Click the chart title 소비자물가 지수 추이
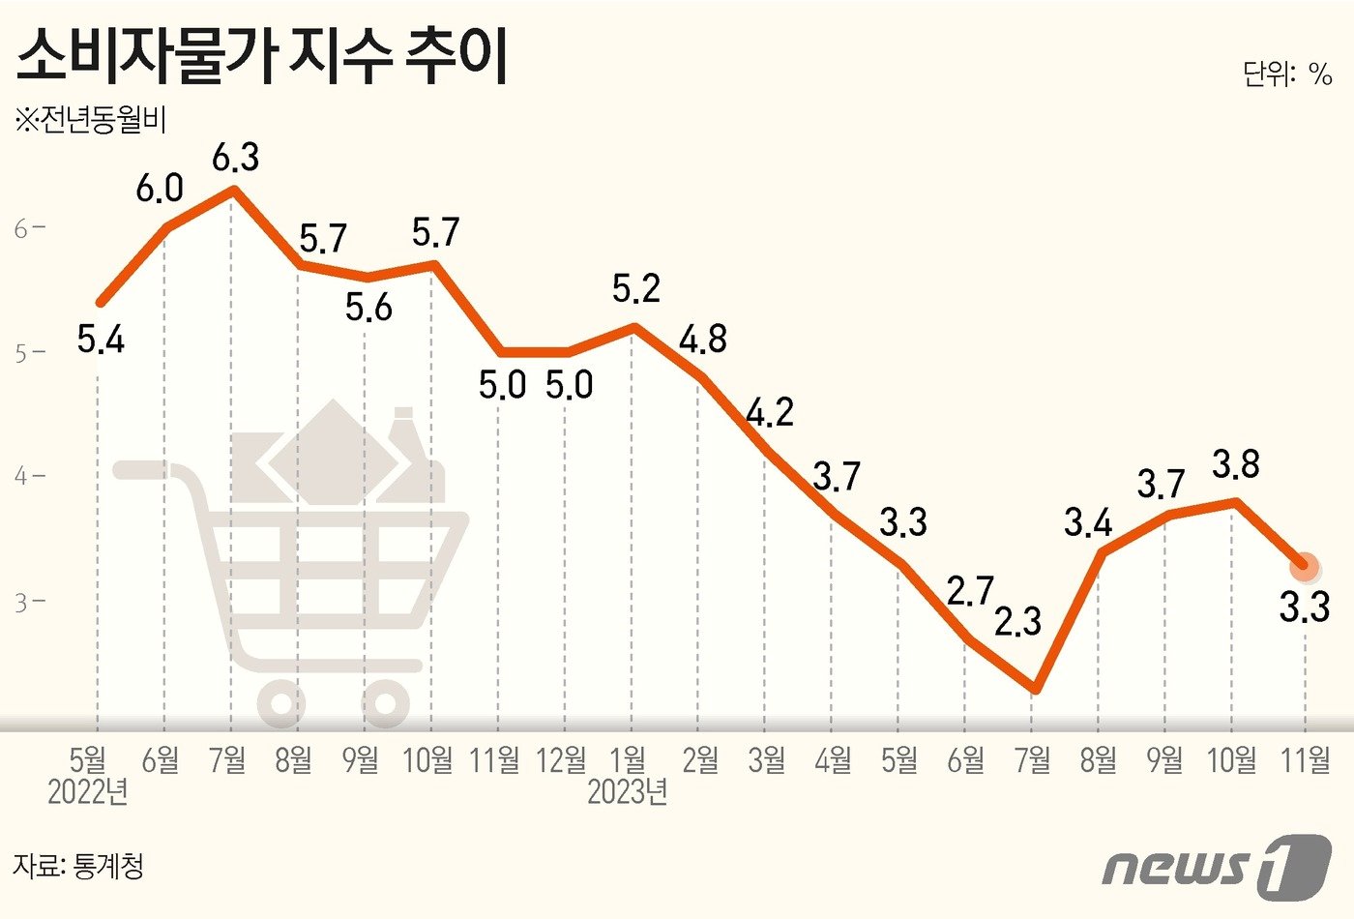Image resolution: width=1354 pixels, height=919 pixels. [x=263, y=58]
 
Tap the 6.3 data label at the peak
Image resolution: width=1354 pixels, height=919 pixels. [x=236, y=157]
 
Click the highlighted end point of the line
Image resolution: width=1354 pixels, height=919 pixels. [x=1304, y=566]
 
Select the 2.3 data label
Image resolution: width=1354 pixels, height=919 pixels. [x=1017, y=621]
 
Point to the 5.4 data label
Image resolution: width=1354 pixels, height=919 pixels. [x=101, y=341]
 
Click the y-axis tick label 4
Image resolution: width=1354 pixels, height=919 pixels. [x=22, y=476]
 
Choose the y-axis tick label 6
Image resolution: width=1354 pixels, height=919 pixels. [x=22, y=228]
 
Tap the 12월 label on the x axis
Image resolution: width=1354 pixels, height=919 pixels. [x=562, y=760]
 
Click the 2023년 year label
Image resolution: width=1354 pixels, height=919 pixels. [x=628, y=792]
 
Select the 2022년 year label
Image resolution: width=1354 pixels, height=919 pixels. [x=88, y=792]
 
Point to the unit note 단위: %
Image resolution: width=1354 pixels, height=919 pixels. [x=1287, y=74]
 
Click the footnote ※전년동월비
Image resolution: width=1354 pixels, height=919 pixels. [x=91, y=121]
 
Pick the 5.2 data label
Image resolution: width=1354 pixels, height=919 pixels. [x=636, y=288]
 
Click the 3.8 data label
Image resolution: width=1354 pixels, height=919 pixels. [x=1236, y=464]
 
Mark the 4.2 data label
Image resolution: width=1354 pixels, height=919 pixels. [x=770, y=413]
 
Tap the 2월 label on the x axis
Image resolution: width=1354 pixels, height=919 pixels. [x=700, y=760]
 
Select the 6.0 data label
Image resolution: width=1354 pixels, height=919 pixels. [x=160, y=189]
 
